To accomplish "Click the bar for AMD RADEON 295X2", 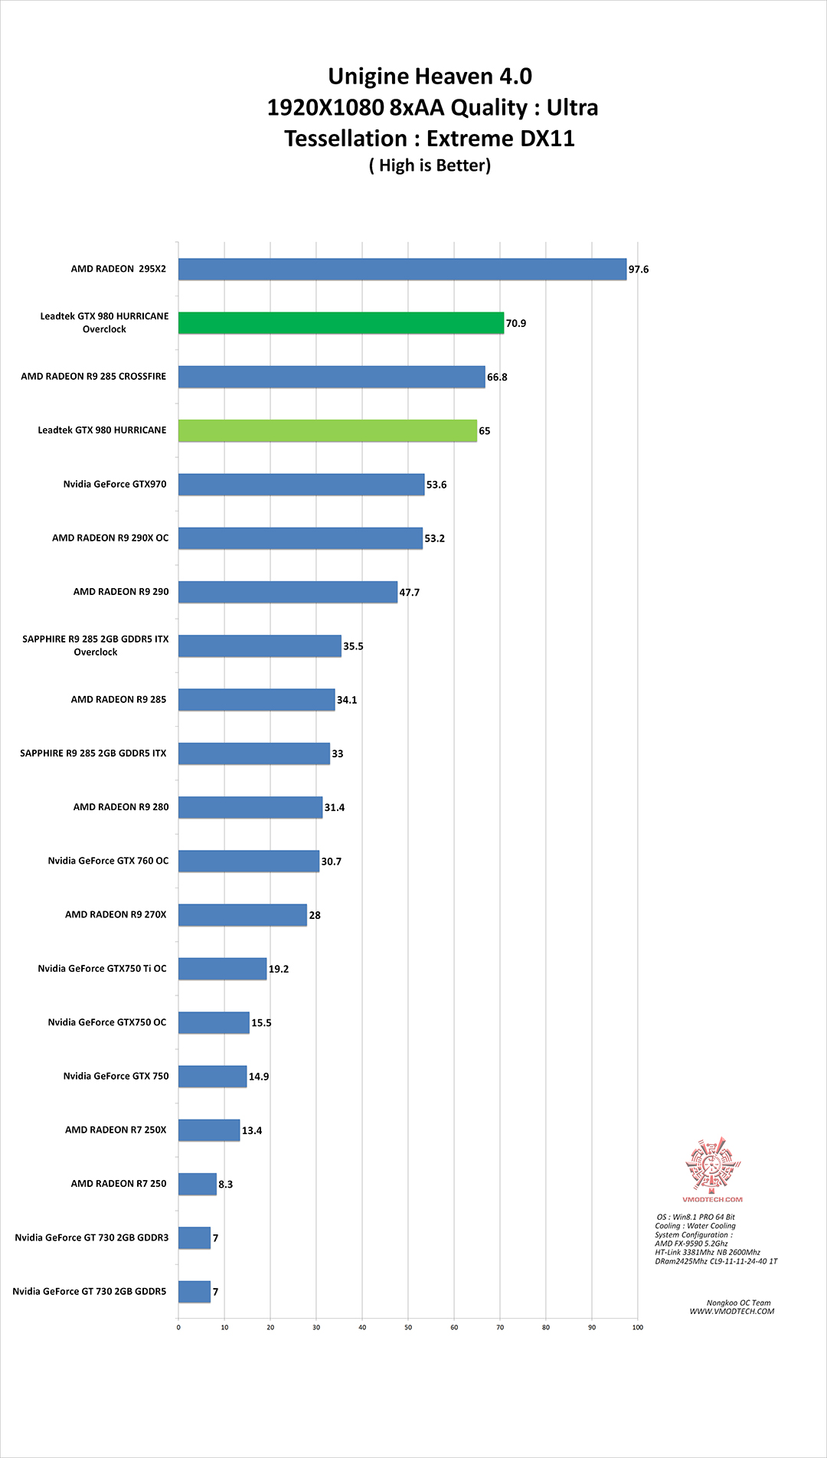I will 402,270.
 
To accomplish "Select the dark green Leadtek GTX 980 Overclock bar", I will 341,323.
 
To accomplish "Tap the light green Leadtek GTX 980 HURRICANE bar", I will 328,430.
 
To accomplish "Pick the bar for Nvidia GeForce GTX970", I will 301,484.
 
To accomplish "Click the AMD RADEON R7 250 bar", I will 198,1184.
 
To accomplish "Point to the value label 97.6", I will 639,270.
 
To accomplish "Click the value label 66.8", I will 497,377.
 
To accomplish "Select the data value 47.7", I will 410,593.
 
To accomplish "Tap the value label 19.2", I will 279,969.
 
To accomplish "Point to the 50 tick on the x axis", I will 408,1327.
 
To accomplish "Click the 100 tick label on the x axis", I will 638,1327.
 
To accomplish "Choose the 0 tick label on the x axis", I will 178,1327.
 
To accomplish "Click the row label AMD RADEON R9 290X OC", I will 110,538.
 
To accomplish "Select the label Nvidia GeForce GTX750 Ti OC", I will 102,969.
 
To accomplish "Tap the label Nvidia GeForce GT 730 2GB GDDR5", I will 89,1291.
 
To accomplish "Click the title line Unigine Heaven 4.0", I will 430,77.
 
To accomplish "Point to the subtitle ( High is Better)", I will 430,165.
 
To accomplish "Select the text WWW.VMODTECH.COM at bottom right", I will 732,1311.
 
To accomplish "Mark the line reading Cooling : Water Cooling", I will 695,1226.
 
